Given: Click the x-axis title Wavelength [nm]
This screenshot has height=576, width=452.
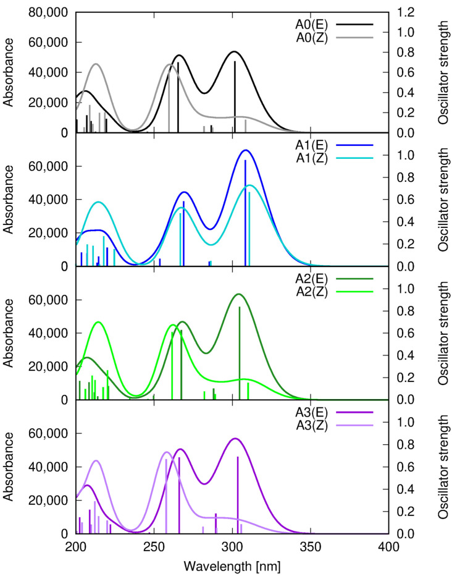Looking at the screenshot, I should [232, 565].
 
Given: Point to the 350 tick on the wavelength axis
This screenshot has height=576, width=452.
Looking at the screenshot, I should [310, 546].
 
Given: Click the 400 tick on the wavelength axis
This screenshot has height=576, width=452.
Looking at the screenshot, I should [388, 546].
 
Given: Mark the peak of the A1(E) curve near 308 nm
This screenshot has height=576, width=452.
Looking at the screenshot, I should [246, 150].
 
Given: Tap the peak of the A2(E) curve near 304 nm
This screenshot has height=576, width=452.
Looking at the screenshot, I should [238, 294].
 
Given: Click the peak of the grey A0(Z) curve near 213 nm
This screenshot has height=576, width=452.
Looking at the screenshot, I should [96, 64].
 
